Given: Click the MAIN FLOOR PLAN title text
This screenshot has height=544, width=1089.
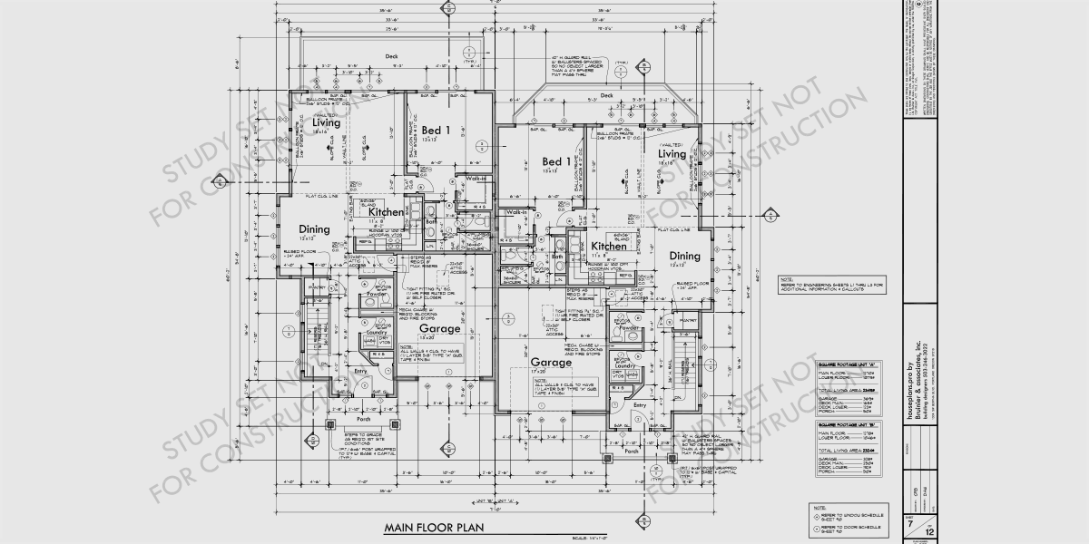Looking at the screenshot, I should tap(433, 527).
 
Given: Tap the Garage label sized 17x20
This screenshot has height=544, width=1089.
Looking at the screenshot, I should tap(551, 362).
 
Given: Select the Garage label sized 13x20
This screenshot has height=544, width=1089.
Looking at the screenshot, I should tap(439, 328).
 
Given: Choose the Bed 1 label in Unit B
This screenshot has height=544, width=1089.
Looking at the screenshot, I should tap(436, 131).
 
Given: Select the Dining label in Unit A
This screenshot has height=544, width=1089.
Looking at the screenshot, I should tap(685, 257).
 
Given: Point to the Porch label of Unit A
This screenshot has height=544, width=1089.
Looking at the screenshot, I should tap(632, 450).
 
